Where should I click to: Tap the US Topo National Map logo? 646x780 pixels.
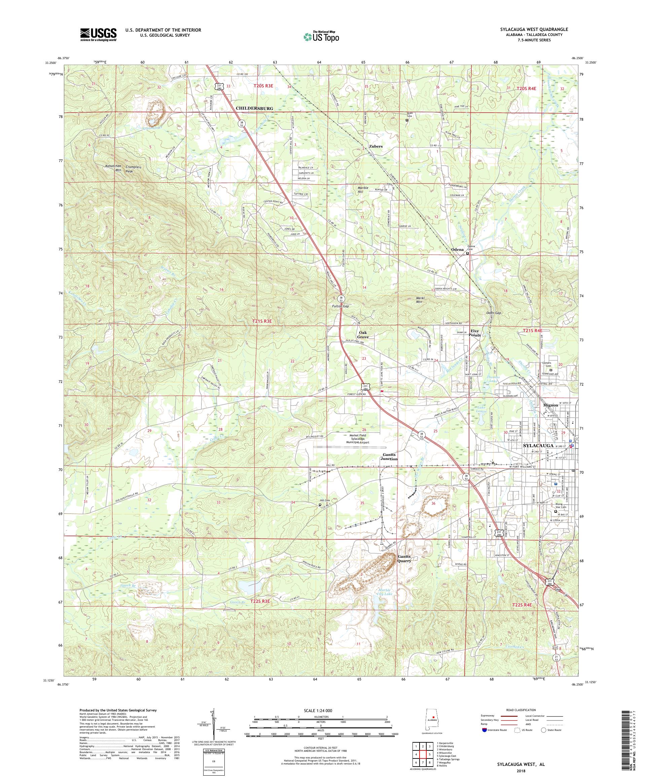322,36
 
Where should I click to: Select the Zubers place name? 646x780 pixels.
375,146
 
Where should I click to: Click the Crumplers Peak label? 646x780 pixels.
134,169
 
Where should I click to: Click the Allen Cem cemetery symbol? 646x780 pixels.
407,120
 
